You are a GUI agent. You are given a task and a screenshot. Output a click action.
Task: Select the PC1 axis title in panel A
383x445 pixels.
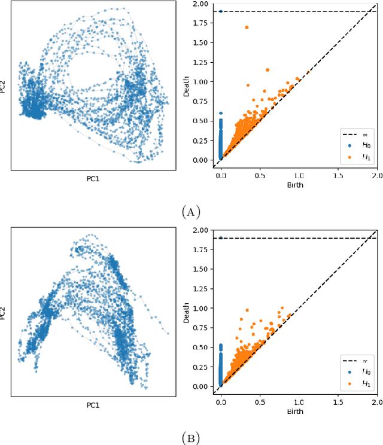coord(93,179)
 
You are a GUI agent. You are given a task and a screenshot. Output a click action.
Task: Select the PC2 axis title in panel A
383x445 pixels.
coord(5,87)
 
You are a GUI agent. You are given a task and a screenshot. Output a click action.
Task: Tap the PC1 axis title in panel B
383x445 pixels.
coord(93,405)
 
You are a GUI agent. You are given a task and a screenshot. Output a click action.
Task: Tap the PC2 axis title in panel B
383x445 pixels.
coord(5,313)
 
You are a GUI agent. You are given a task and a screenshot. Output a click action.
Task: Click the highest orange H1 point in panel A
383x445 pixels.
coord(247,27)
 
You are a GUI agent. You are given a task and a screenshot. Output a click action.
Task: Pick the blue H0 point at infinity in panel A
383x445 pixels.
coord(221,11)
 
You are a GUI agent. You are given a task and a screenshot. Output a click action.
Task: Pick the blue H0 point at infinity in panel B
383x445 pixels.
coord(221,237)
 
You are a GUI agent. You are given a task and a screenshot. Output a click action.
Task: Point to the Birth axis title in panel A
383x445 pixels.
coord(294,185)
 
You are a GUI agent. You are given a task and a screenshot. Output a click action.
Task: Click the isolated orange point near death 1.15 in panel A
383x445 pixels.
coord(268,70)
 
